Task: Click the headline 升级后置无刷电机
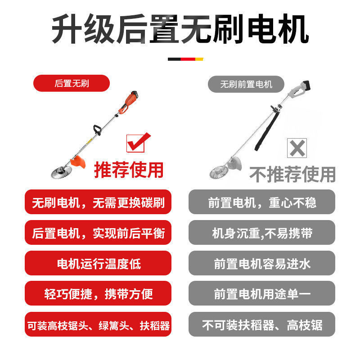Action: pos(180,30)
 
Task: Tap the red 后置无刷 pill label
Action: pos(72,83)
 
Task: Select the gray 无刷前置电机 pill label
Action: pos(246,84)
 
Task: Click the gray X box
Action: pos(297,148)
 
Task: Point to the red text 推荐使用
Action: pos(128,170)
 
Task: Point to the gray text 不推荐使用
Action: pos(292,174)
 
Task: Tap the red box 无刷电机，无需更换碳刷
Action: pos(98,202)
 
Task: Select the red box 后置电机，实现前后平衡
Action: pos(98,233)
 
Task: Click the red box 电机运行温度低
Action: pos(98,263)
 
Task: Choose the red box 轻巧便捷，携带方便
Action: pos(98,293)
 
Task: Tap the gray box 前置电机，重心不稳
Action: pos(262,202)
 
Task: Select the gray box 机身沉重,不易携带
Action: pos(262,233)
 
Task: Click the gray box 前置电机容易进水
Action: pos(262,263)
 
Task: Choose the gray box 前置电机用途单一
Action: pos(262,293)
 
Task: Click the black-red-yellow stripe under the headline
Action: pos(185,59)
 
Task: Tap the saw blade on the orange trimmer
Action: pos(61,170)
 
